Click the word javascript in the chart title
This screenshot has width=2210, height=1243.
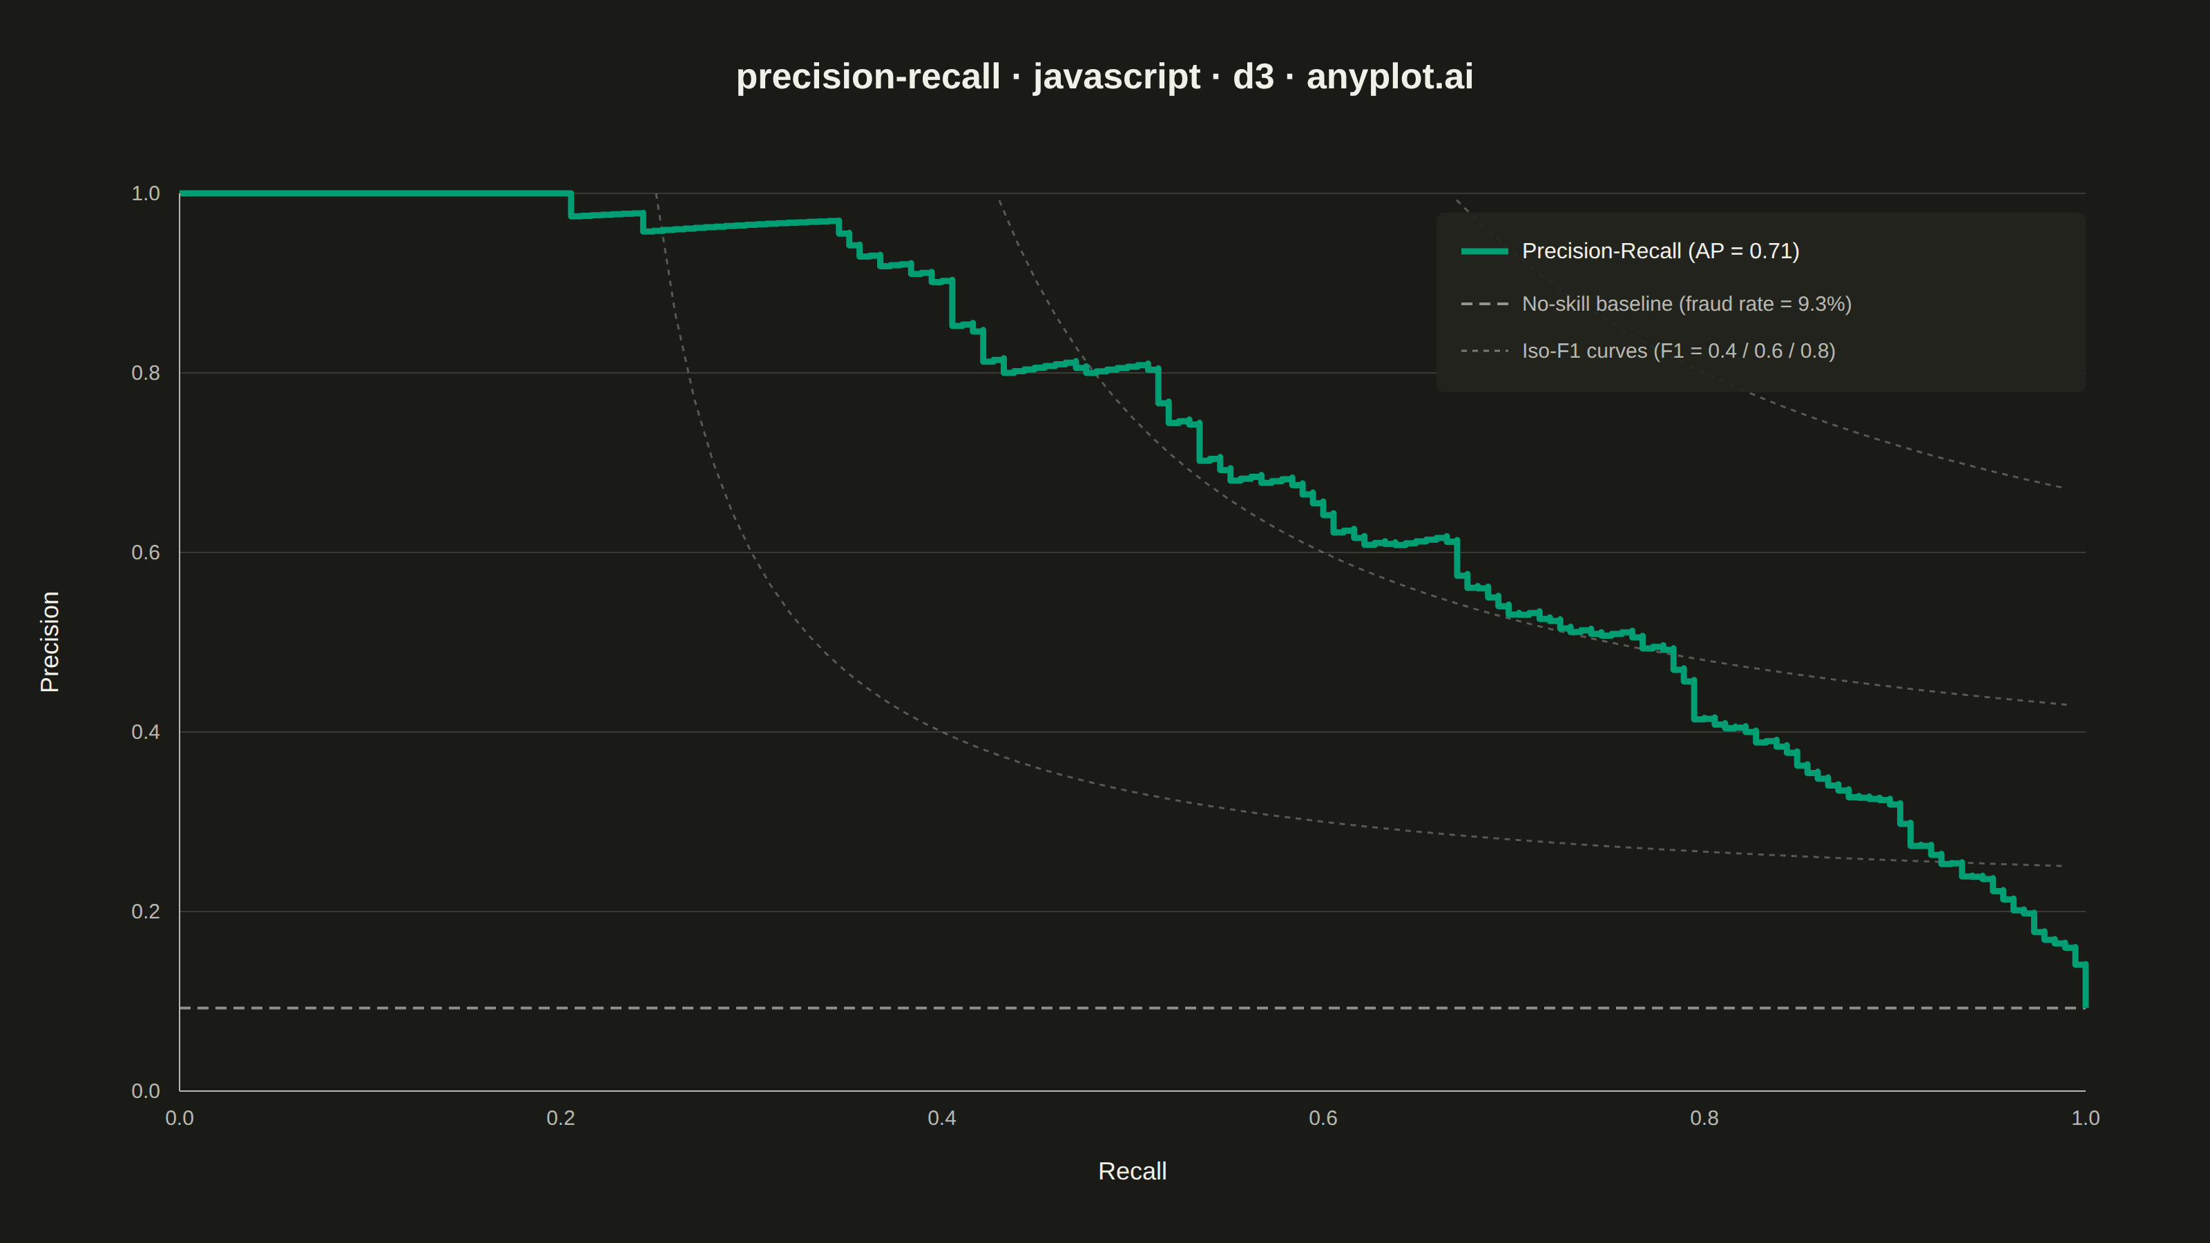[1116, 77]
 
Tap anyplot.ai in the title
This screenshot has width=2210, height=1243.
[1390, 77]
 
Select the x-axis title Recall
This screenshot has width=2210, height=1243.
[1132, 1171]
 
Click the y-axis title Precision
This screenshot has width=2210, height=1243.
[50, 642]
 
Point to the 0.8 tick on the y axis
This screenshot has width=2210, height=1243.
[146, 373]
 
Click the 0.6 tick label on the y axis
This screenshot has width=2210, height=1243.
[146, 552]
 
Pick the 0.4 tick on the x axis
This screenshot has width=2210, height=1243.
[942, 1118]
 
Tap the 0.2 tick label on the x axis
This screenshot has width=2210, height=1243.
[561, 1118]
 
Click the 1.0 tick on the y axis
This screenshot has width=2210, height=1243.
[146, 194]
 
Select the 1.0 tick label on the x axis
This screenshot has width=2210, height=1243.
[2086, 1118]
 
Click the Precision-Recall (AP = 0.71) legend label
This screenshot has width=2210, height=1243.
[1660, 251]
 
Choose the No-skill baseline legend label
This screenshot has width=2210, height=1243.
[1687, 304]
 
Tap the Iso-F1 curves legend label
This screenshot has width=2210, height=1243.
[1678, 351]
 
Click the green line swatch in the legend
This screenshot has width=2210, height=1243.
[1484, 251]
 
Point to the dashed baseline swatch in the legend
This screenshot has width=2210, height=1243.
[1484, 304]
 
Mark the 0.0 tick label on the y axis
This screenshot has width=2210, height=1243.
[146, 1091]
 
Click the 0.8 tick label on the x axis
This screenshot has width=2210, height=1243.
[1704, 1118]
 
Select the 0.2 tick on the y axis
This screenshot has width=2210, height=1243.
[146, 912]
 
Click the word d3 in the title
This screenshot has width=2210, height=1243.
[1253, 77]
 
